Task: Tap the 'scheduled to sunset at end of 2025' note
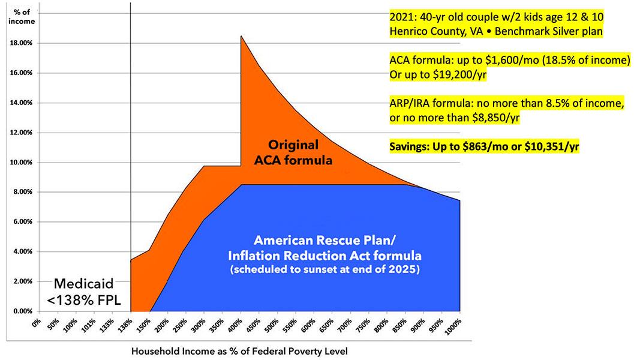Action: click(324, 269)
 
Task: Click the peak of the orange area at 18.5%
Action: click(241, 37)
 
